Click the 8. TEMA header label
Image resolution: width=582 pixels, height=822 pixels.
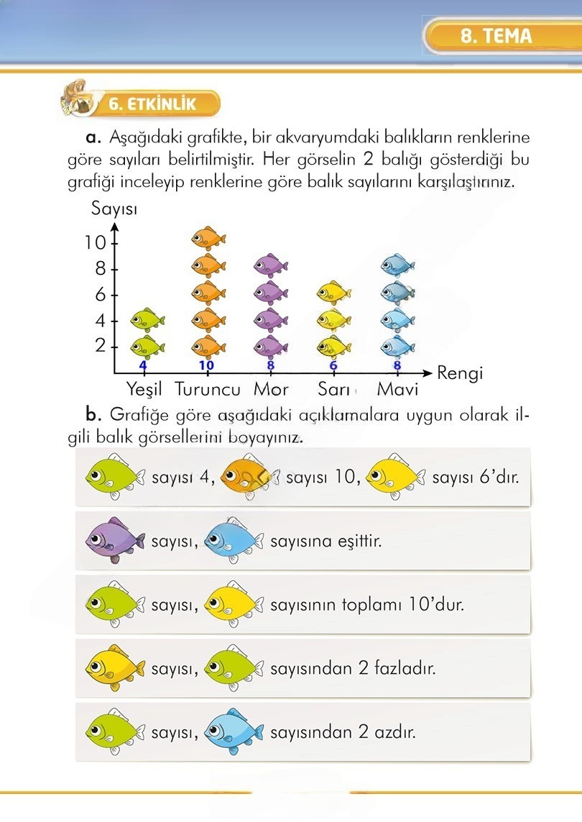click(x=496, y=36)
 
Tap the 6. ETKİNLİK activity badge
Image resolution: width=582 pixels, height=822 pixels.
click(x=152, y=104)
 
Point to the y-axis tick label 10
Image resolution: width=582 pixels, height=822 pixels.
click(x=96, y=242)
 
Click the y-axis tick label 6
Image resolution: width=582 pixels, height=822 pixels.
click(x=101, y=294)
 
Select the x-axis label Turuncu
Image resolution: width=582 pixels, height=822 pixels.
click(x=208, y=390)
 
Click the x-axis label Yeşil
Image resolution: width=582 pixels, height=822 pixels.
click(x=144, y=390)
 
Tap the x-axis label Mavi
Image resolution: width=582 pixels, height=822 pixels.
click(x=397, y=390)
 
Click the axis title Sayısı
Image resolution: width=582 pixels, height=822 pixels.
click(x=115, y=209)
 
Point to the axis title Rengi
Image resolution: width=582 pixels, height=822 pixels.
click(x=460, y=373)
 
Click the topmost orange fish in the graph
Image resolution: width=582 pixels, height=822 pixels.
click(x=208, y=237)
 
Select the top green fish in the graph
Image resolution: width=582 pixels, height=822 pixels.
click(x=147, y=318)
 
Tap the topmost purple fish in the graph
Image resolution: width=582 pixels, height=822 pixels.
click(x=270, y=266)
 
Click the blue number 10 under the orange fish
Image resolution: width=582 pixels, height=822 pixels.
click(x=207, y=365)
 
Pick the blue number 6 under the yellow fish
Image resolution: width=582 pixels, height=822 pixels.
click(x=333, y=365)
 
